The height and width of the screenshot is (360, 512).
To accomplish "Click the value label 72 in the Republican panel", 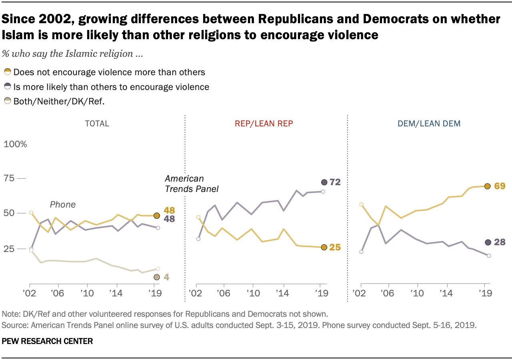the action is point(335,182).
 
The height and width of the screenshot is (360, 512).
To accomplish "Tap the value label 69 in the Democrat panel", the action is point(500,186).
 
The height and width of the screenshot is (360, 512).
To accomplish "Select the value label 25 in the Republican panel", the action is point(335,247).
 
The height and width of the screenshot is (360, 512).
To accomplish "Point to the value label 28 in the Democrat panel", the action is point(500,242).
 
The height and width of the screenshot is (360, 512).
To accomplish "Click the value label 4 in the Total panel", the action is point(166,277).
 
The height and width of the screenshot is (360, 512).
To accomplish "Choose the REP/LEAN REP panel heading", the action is point(264,124).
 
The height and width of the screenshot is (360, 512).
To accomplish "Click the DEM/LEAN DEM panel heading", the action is point(429,124).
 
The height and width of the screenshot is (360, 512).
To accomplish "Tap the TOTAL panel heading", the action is point(97,124).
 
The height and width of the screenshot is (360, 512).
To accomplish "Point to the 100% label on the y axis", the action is point(15,144).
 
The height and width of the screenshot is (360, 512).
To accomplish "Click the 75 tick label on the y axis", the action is point(9,178).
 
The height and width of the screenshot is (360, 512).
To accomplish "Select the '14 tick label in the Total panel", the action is point(116,293).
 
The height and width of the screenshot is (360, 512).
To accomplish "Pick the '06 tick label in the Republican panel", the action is point(224,293).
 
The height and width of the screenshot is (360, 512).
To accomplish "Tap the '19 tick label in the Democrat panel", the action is point(485,293).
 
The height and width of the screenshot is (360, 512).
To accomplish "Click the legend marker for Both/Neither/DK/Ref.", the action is point(8,101).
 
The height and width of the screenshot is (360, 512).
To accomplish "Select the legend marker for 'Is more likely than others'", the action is point(8,86).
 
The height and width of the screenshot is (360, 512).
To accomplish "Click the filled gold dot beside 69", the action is point(487,186).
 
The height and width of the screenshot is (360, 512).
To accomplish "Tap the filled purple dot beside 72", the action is point(324,182).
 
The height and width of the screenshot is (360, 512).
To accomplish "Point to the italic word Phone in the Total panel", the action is point(63,204).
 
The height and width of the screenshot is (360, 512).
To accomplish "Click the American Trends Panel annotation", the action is point(192,184).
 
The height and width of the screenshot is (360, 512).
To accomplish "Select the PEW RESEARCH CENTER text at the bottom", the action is point(47,341).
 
